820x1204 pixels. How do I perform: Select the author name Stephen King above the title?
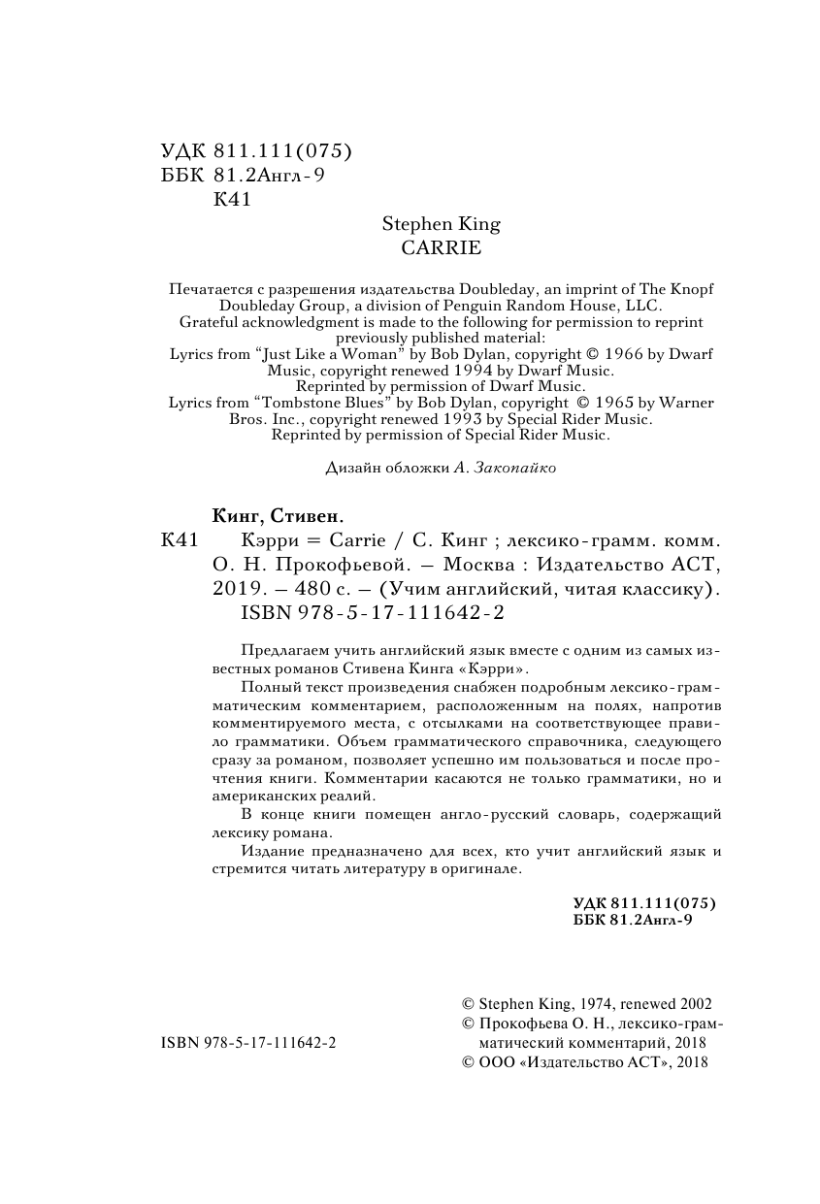click(441, 225)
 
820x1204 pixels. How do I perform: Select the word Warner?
click(687, 403)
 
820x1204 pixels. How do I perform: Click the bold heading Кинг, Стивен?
click(278, 515)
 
